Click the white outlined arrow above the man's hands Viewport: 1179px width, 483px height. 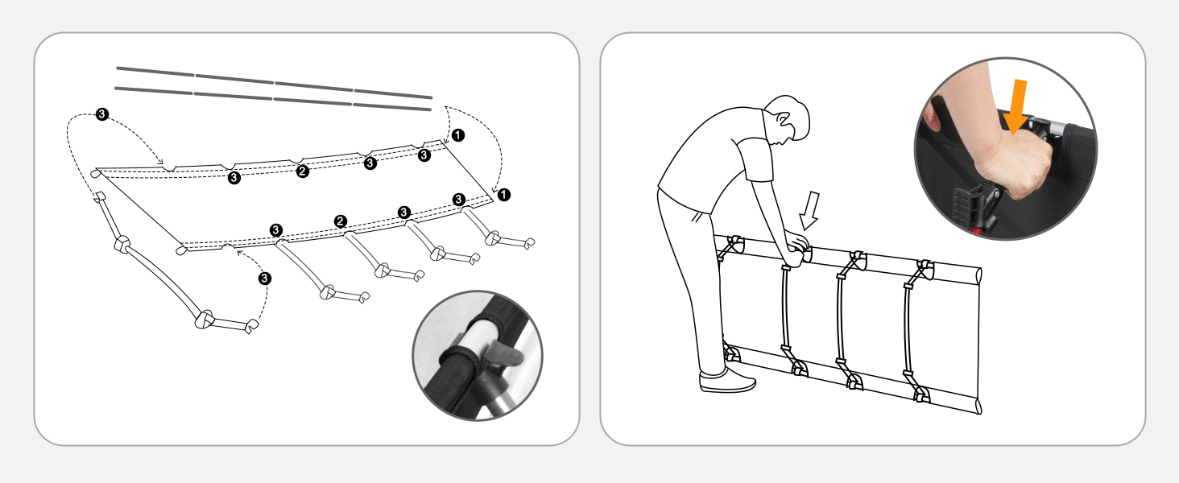(809, 210)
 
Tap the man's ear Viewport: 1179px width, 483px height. (784, 121)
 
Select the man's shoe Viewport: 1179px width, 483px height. (726, 381)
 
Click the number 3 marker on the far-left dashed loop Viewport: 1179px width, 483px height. (102, 114)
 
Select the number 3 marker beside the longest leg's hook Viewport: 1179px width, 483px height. (265, 279)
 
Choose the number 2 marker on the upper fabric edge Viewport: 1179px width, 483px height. (302, 171)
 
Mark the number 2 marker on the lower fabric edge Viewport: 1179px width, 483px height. (341, 221)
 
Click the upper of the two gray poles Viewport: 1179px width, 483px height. (275, 83)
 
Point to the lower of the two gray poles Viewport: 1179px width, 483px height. (273, 99)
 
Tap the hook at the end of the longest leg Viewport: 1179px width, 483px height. (252, 326)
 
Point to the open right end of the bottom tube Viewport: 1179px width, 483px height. (978, 407)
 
